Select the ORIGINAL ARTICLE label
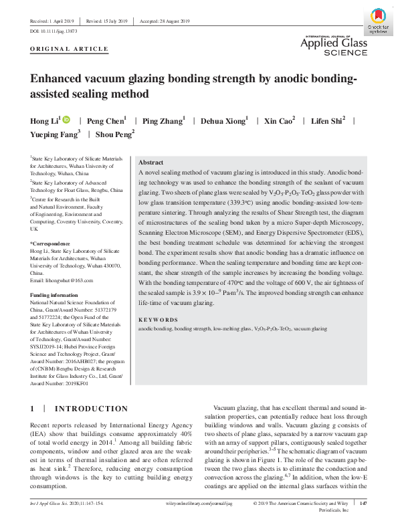[70, 49]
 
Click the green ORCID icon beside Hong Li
[66, 120]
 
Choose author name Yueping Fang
[54, 134]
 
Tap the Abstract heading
[151, 163]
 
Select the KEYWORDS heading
[158, 320]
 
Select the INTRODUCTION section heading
[90, 409]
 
